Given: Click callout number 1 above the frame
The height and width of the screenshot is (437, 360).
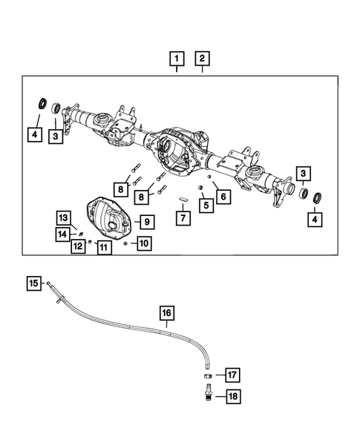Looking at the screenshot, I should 177,58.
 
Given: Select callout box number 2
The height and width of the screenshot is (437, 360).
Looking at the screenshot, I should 202,58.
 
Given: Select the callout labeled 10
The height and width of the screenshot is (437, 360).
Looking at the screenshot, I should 143,243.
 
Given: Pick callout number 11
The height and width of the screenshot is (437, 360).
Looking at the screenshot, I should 104,246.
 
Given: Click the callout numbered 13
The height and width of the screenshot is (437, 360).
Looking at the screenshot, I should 64,217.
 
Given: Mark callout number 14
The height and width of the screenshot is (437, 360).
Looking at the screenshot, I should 64,234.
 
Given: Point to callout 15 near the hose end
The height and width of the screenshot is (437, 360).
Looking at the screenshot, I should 34,283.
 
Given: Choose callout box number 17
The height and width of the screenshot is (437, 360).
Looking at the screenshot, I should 232,374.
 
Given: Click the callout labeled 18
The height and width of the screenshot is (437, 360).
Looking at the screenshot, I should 232,397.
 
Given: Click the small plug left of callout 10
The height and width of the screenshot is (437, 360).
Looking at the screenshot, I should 125,243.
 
